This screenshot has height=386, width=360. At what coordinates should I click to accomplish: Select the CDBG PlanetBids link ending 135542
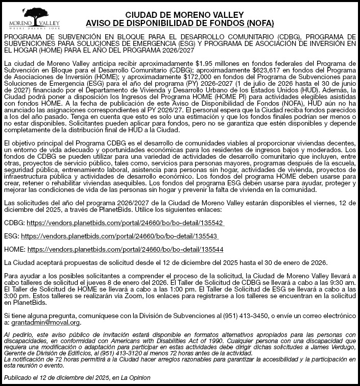(125, 224)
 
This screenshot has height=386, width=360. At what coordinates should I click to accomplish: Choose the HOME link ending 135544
(125, 249)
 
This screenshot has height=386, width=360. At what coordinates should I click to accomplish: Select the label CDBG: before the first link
(13, 224)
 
